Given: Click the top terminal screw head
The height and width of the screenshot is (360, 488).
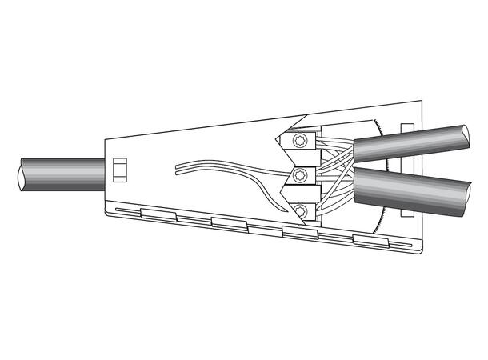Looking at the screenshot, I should (x=300, y=142).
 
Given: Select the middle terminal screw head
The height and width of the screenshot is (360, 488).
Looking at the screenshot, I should (x=300, y=175).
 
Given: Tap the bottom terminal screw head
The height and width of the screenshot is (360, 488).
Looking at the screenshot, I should (x=300, y=210).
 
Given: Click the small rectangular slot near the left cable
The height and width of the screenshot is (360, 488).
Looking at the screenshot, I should (x=121, y=170).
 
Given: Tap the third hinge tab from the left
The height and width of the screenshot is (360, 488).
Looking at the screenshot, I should (x=298, y=232).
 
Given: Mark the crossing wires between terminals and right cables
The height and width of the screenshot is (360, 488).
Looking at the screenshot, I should (x=336, y=172).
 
